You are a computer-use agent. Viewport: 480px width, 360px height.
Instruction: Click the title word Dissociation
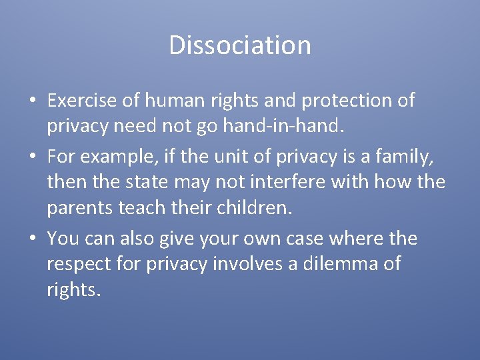pos(240,45)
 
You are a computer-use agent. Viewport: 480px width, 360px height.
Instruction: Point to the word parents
pos(80,208)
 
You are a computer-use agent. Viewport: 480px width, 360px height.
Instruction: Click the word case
pos(316,239)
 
